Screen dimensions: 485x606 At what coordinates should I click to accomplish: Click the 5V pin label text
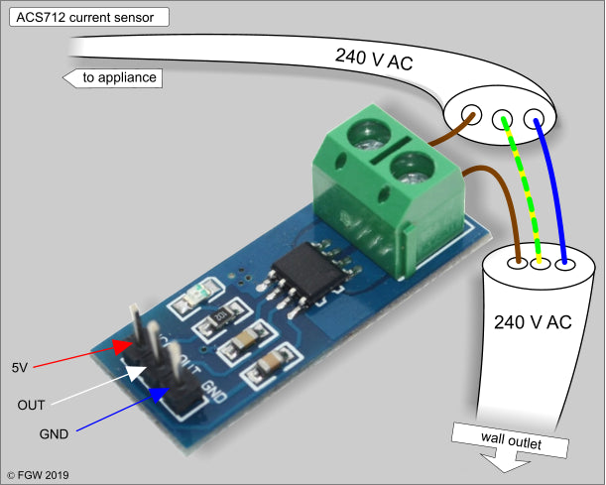tap(20, 367)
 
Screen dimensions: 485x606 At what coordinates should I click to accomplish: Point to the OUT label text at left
tap(31, 405)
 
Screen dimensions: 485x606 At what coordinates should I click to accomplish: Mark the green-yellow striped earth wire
tap(523, 188)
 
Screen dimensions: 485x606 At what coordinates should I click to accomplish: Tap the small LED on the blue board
tap(201, 293)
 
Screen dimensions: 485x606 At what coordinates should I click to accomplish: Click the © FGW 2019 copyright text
tap(38, 475)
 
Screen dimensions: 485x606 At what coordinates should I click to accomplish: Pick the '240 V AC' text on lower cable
tap(532, 322)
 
